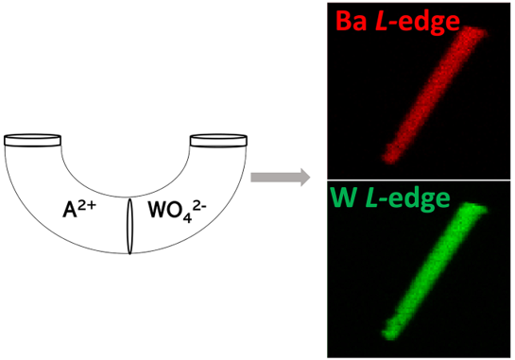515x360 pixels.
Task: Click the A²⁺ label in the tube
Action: click(79, 209)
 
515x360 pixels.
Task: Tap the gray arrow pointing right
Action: click(280, 178)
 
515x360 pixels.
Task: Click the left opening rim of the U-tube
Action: click(32, 140)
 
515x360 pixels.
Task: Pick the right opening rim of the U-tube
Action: click(218, 140)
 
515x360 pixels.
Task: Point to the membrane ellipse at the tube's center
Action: click(130, 226)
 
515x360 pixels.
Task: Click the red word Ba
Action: click(352, 21)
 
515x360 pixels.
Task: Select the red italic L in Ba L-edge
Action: click(382, 22)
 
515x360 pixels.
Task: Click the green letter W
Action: click(344, 197)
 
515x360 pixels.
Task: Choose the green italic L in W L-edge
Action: click(372, 197)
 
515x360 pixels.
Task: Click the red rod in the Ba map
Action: click(435, 95)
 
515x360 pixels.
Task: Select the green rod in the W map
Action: click(435, 271)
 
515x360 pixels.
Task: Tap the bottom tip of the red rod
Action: click(389, 161)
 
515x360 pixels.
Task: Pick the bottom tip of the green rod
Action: click(388, 336)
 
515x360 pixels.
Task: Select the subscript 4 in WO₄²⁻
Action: click(187, 218)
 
